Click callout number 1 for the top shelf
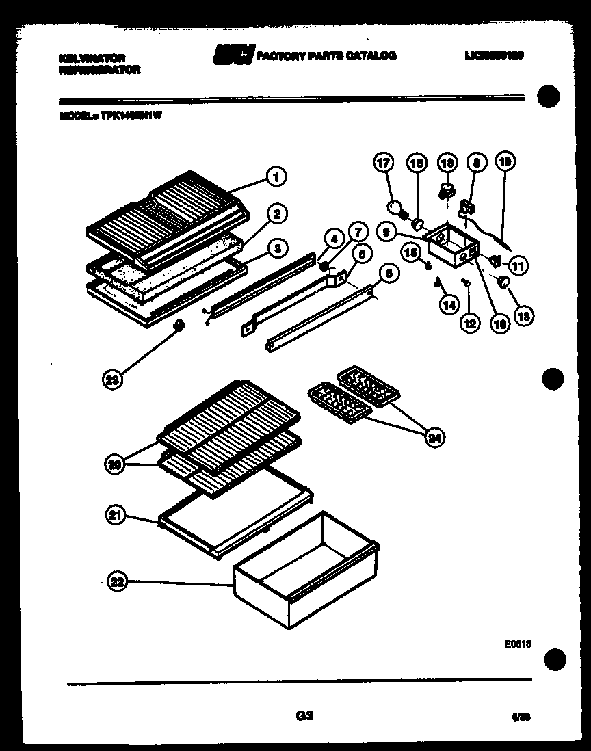point(276,177)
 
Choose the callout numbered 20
point(116,464)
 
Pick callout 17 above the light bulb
point(384,163)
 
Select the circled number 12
point(469,323)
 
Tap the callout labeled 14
point(448,306)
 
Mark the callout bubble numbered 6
point(388,273)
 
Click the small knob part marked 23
point(181,326)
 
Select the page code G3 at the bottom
point(304,716)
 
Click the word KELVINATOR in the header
point(92,59)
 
